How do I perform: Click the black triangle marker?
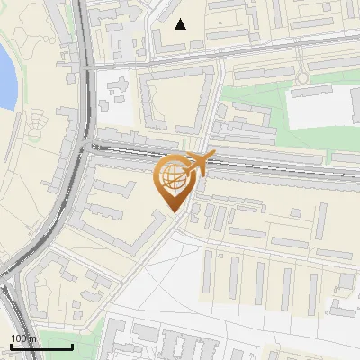coord(181,24)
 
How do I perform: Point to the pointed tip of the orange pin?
coord(175,212)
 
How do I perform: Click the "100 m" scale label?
coord(23,338)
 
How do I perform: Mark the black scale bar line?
coord(41,347)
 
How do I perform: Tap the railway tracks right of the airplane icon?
coord(288,166)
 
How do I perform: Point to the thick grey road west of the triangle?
coord(86,54)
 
